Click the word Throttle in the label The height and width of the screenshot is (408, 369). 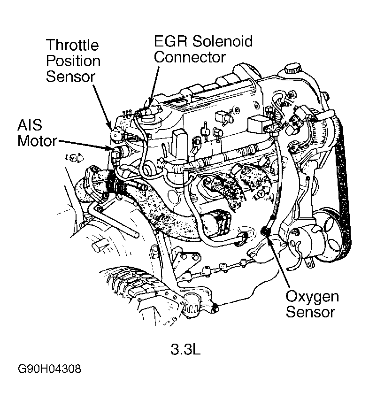click(x=72, y=46)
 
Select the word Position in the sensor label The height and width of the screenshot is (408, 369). click(x=73, y=62)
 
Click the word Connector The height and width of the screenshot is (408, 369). click(x=190, y=57)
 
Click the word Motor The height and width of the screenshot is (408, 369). click(x=37, y=140)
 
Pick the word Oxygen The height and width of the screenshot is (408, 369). click(x=312, y=297)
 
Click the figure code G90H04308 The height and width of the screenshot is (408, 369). click(x=50, y=369)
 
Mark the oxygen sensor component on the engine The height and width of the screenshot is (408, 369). click(x=266, y=231)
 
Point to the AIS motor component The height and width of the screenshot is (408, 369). click(x=117, y=151)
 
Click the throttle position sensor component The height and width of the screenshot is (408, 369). click(x=115, y=134)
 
